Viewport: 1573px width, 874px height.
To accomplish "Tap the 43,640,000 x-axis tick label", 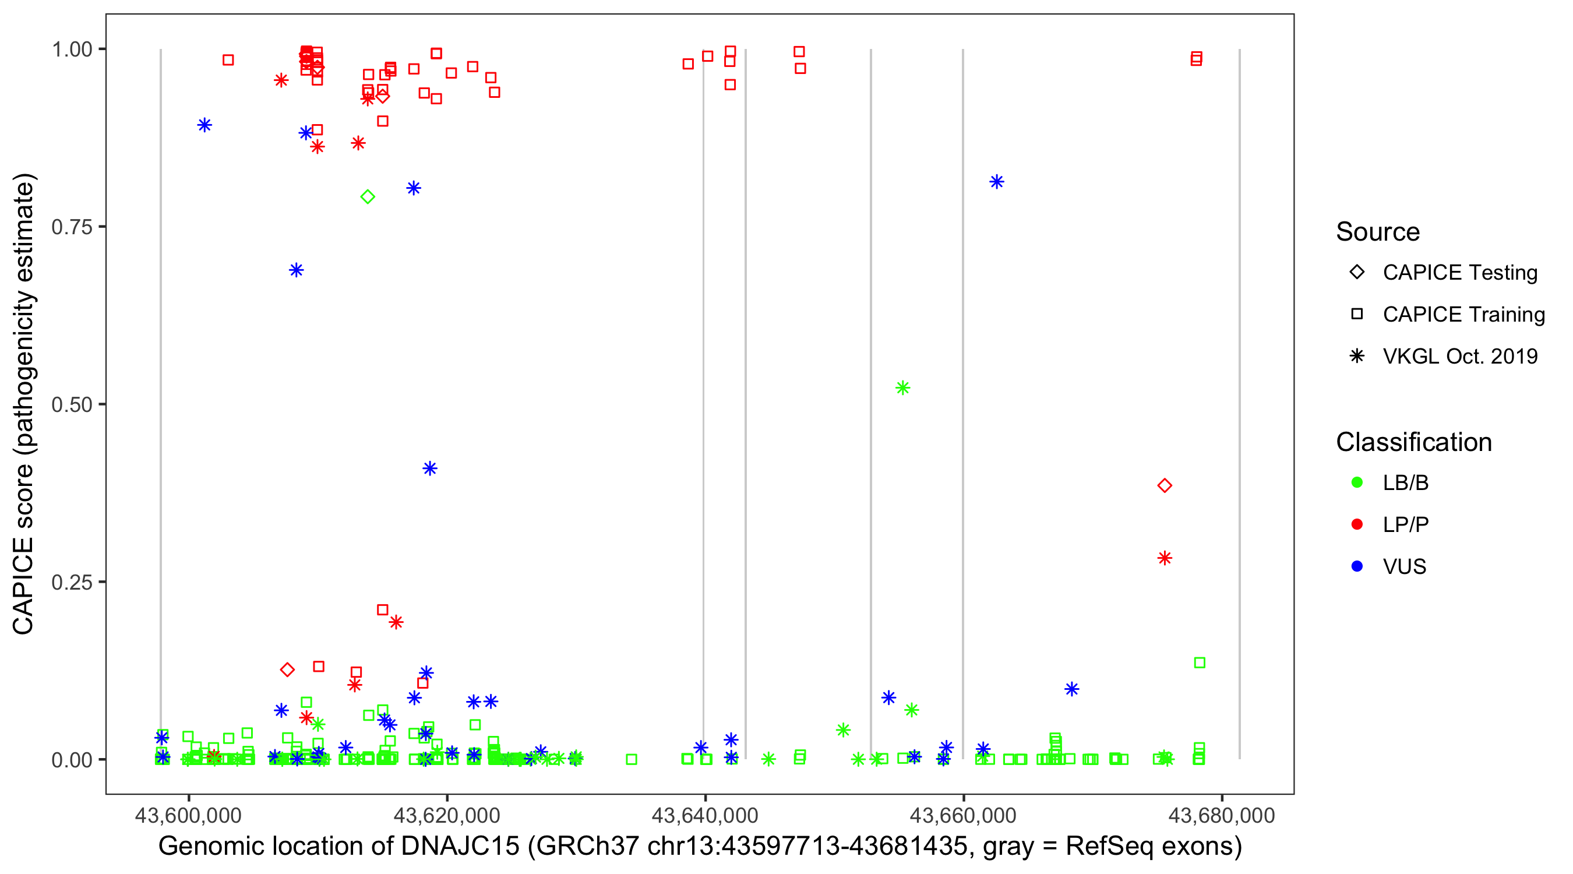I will coord(705,815).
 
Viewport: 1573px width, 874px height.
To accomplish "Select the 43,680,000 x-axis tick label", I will coord(1221,815).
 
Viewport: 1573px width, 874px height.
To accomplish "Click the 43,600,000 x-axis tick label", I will coord(188,815).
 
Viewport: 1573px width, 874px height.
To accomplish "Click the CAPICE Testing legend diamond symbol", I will coord(1357,272).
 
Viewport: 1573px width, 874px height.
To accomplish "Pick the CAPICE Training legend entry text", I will coord(1463,314).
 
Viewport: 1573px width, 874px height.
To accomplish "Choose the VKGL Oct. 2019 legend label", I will coord(1460,356).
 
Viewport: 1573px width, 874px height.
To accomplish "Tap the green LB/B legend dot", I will coord(1357,482).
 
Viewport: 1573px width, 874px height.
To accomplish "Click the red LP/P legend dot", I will coord(1357,524).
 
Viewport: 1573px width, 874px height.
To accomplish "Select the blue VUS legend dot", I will coord(1357,566).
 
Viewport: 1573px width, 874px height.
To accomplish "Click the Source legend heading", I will coord(1378,232).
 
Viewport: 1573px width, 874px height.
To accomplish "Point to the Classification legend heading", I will coord(1413,442).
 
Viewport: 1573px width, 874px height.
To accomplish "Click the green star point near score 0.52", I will coord(902,388).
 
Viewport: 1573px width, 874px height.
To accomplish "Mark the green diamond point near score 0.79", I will coord(368,197).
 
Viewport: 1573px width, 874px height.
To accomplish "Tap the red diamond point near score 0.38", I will coord(1165,485).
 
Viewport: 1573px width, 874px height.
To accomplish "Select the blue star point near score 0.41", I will coord(430,468).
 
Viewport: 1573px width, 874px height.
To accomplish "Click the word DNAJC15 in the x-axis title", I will coord(460,847).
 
